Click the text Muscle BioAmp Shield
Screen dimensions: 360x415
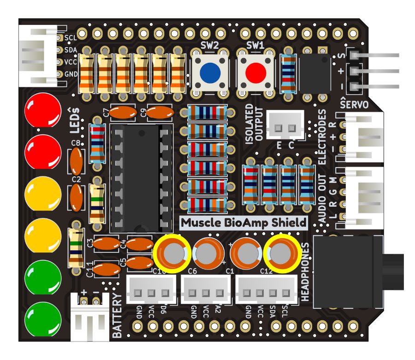[243, 222]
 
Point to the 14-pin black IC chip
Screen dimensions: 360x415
[141, 178]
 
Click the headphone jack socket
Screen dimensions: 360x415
[348, 272]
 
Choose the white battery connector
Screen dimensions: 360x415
[90, 319]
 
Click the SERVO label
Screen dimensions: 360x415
[354, 104]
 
